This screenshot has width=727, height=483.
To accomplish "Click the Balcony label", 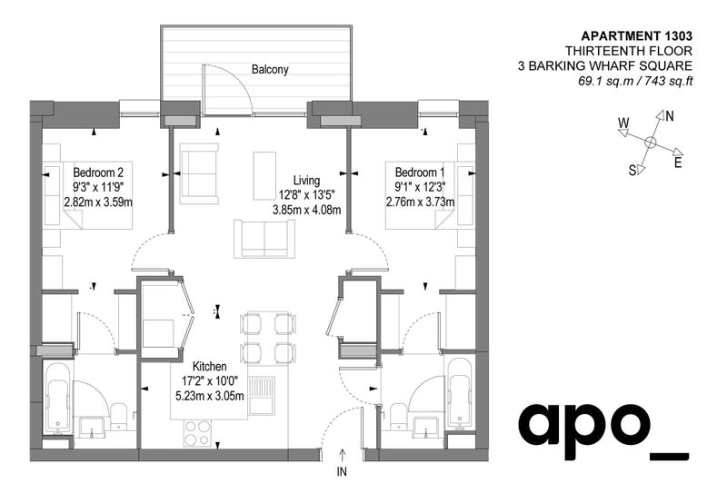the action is (270, 70).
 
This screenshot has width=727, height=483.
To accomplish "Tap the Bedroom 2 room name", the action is (98, 172).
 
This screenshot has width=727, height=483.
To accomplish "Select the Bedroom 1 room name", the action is (420, 172).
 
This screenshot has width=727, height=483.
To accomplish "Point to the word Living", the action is (306, 180).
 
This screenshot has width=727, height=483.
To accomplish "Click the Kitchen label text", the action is (210, 366).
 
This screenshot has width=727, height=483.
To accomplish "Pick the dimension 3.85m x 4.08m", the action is (306, 210).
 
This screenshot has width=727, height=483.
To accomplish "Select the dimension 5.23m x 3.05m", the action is (210, 396).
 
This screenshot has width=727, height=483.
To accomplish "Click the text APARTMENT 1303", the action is (637, 35).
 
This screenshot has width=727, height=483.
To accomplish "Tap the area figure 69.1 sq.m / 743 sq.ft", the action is (634, 81).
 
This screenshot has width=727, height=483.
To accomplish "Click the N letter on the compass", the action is (669, 116).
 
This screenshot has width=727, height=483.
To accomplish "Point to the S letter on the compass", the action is (632, 171).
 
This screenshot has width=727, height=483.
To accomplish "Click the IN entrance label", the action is (342, 471).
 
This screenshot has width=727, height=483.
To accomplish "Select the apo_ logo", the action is (603, 431).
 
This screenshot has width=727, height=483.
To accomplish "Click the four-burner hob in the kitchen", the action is (197, 433).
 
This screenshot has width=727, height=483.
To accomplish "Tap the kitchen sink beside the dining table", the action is (262, 395).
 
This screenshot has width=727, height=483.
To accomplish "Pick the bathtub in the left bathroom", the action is (58, 399).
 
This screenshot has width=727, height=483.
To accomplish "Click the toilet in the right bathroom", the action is (398, 416).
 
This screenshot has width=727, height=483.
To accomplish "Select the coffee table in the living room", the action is (264, 175).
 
